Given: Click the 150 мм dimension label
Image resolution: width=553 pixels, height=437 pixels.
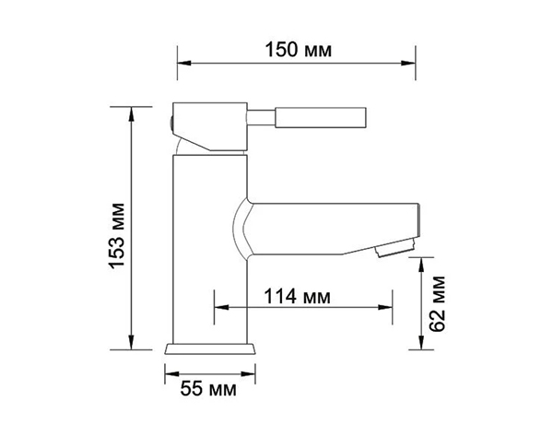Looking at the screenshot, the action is point(298,50).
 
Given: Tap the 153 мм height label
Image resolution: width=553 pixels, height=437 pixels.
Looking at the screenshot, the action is point(117,236).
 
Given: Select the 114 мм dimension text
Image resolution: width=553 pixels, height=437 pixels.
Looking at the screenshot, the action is point(298,296).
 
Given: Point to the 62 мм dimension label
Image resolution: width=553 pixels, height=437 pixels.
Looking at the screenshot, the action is point(437,303).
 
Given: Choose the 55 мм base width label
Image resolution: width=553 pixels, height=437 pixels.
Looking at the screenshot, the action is point(208,389).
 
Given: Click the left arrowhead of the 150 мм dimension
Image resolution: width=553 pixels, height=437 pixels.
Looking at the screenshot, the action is point(184,63).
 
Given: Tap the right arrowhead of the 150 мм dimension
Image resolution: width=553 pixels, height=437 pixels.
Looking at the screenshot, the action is point(408,63).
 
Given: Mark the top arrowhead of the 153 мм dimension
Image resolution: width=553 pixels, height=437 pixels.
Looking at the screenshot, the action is point(131,113).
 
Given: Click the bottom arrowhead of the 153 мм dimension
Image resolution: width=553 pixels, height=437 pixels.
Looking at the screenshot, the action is point(131,343).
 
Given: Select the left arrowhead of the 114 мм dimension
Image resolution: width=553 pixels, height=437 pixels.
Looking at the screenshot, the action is point(221,308).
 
